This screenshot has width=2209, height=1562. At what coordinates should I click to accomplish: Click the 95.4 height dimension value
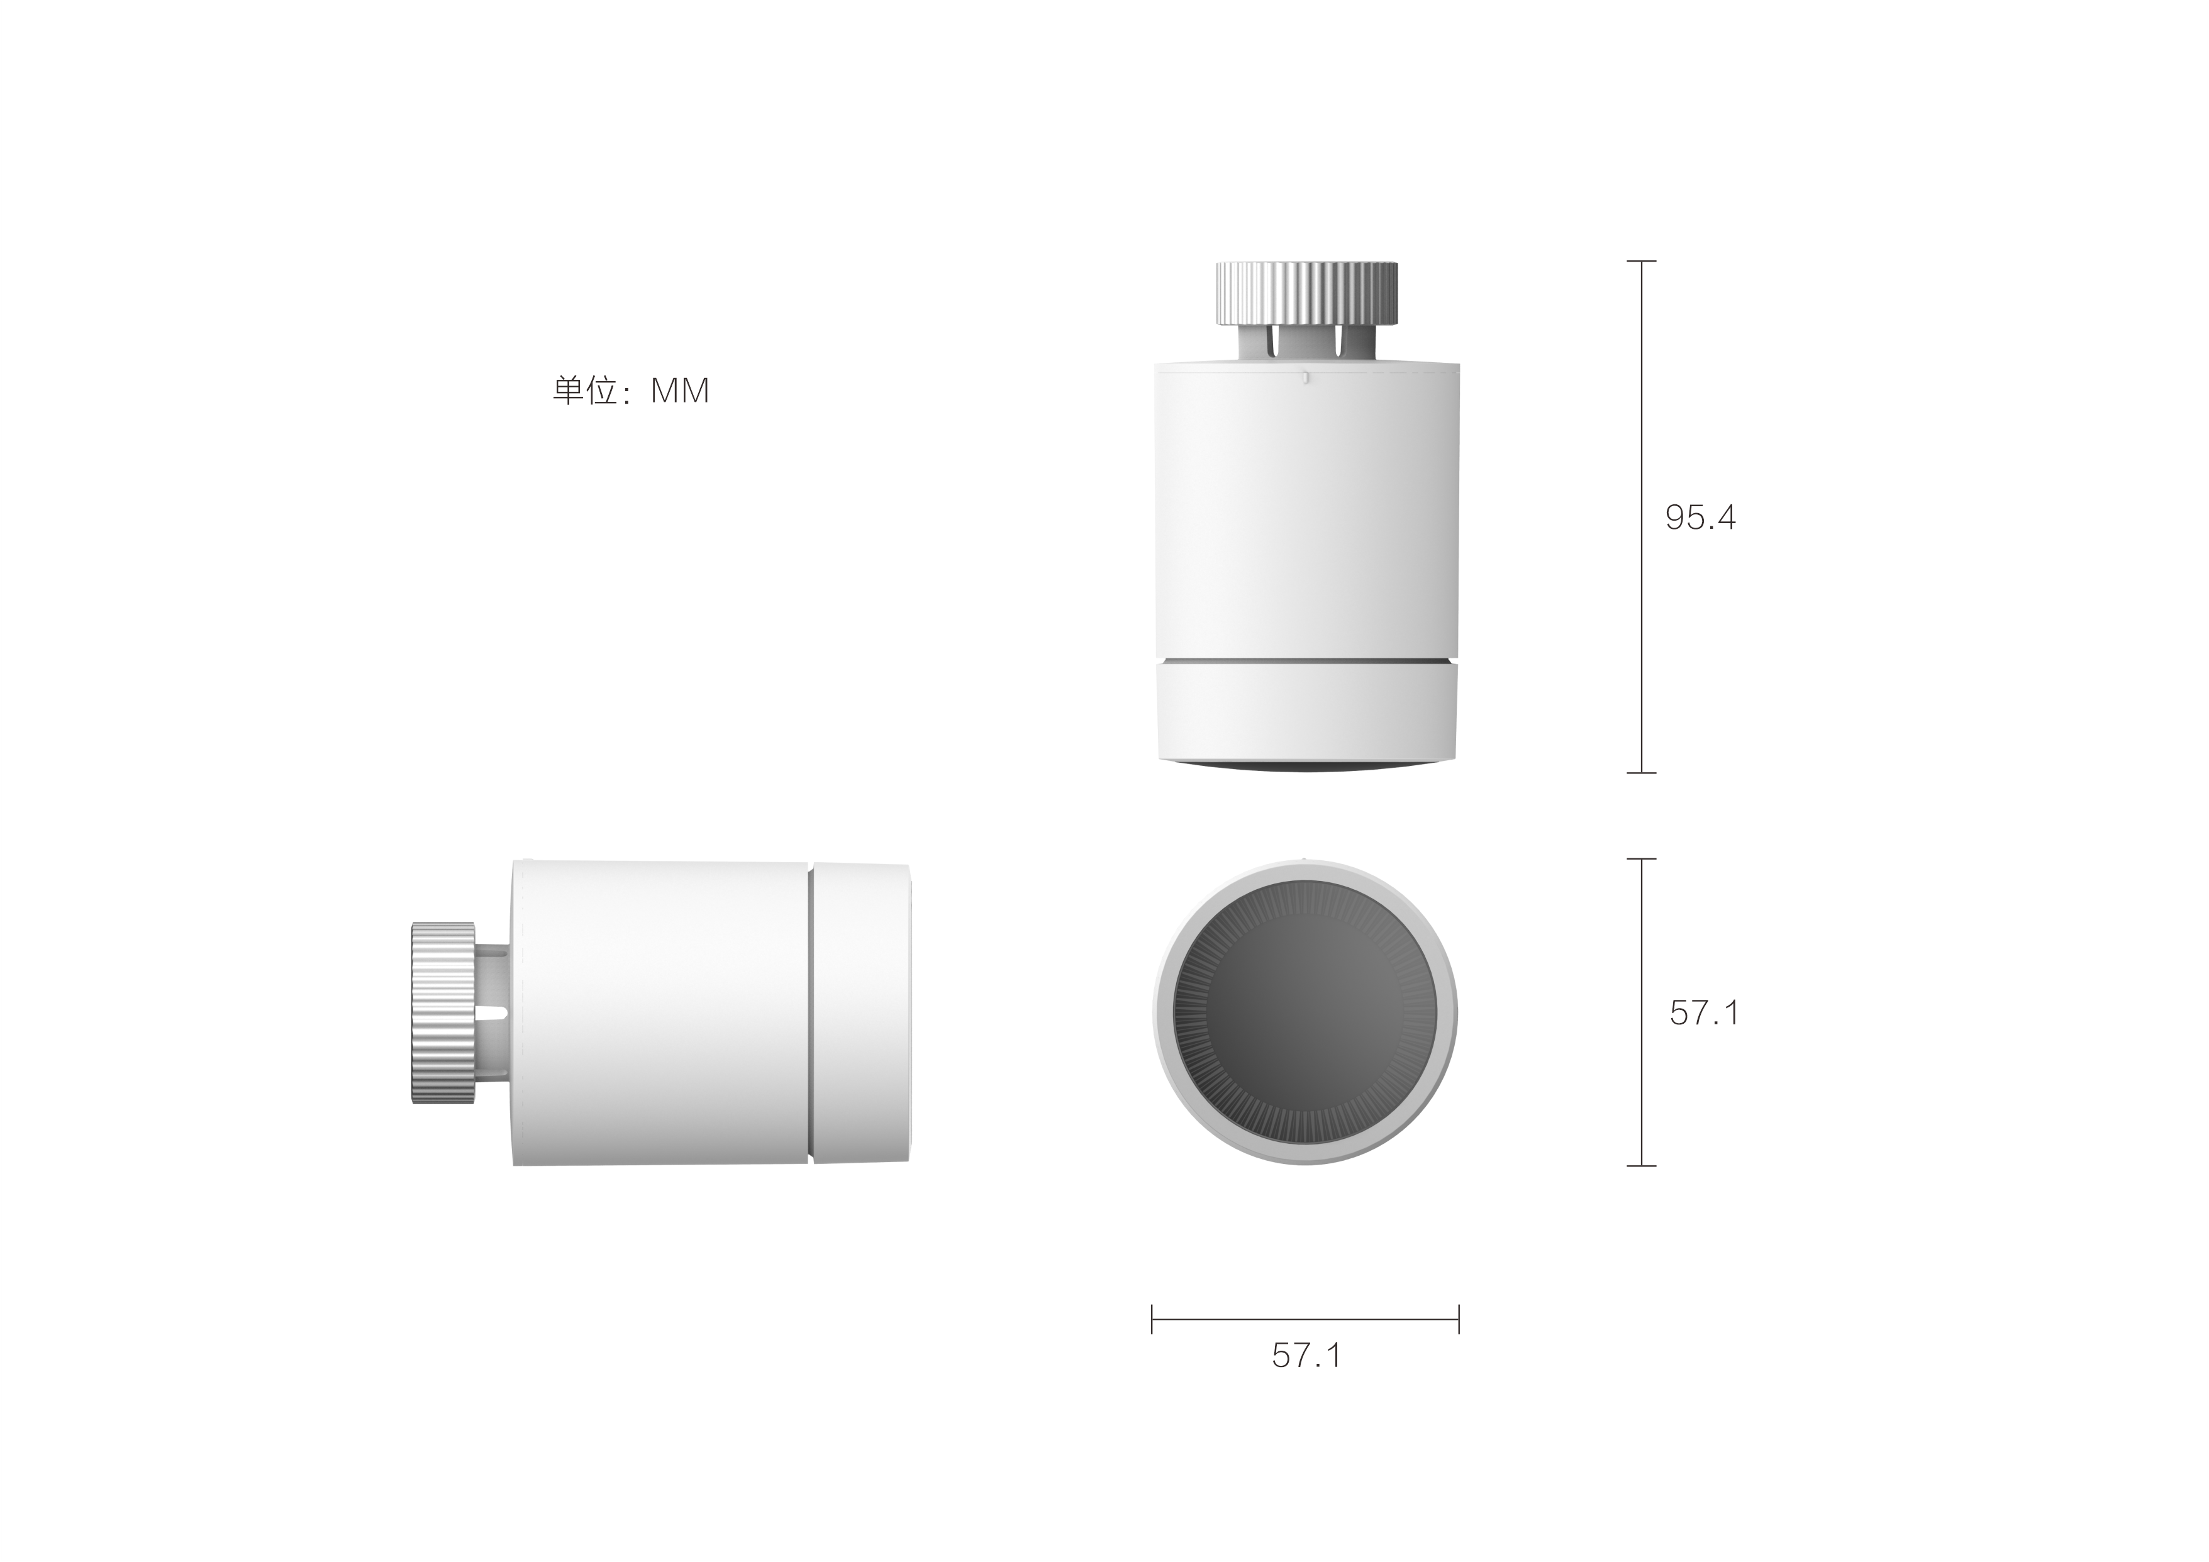tap(1700, 518)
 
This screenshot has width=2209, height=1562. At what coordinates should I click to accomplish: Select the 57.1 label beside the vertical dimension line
tap(1704, 1013)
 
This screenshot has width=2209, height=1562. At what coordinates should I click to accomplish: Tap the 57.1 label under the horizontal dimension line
tap(1306, 1355)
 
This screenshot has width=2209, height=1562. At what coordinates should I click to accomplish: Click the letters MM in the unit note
tap(680, 390)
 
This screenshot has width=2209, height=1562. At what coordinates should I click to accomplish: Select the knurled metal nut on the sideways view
tap(443, 1013)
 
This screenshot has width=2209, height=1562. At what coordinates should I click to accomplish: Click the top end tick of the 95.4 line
tap(1642, 261)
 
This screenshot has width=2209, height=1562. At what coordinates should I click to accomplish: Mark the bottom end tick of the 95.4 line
tap(1642, 772)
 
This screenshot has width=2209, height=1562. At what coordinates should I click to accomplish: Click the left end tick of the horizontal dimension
tap(1152, 1319)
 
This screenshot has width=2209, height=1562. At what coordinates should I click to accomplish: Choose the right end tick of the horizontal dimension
tap(1459, 1319)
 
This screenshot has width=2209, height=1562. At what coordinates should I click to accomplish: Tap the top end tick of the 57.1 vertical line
tap(1642, 859)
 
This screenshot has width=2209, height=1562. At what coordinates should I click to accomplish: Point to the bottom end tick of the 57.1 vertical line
tap(1642, 1166)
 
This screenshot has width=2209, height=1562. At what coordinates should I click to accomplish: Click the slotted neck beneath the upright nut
tap(1306, 343)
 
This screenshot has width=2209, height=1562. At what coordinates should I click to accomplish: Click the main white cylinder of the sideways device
tap(660, 1013)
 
